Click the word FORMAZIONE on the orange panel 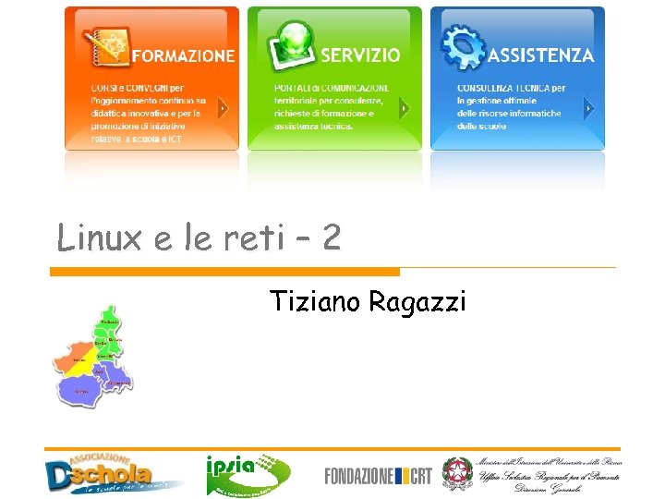[x=183, y=55]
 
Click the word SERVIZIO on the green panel [x=360, y=55]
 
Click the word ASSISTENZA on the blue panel [x=540, y=55]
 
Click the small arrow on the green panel [x=404, y=108]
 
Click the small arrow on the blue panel [x=589, y=108]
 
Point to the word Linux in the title [x=99, y=238]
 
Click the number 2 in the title [x=331, y=238]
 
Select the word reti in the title [x=252, y=238]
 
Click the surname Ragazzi [x=417, y=302]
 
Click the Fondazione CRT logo [x=378, y=476]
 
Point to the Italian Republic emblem [x=456, y=474]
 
